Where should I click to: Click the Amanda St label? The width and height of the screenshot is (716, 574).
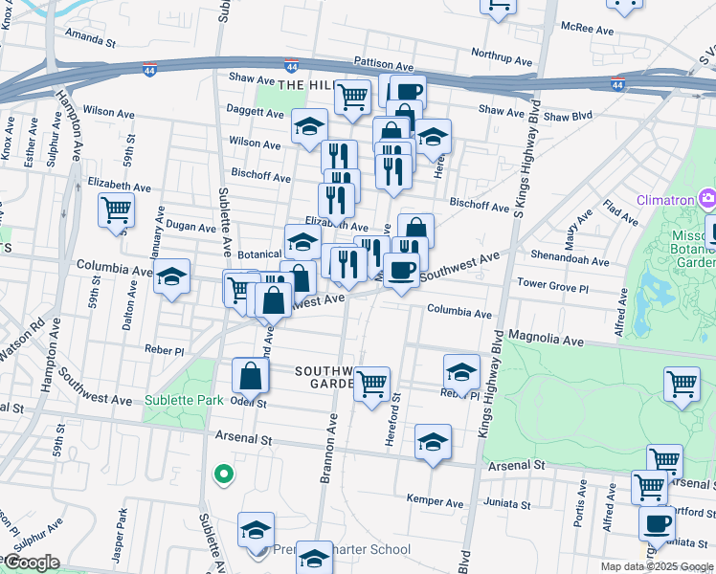[90, 42]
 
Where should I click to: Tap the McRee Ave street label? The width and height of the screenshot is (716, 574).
[588, 30]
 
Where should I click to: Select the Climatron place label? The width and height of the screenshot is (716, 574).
[666, 200]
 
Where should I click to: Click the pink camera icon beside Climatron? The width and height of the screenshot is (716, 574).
[707, 199]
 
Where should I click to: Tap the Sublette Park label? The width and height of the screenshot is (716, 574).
[184, 399]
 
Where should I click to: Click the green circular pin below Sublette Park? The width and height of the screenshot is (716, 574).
[223, 475]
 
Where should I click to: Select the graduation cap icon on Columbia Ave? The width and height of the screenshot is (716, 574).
[172, 277]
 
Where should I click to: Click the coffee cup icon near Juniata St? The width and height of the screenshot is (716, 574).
[657, 523]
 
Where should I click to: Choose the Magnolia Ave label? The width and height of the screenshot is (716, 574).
[546, 339]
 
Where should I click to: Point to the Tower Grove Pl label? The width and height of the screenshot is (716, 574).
[552, 284]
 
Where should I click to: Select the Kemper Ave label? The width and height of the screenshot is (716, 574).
[435, 500]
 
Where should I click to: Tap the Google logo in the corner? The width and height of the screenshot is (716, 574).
[31, 563]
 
